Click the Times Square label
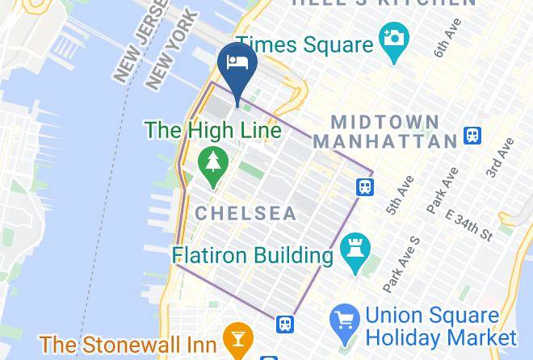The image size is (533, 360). (x=304, y=45)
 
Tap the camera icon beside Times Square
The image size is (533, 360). (x=394, y=40)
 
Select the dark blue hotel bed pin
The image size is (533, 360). (x=237, y=65)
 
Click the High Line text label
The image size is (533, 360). (x=213, y=130)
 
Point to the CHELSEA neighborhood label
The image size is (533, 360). (x=245, y=214)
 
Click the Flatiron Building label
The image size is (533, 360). (x=253, y=256)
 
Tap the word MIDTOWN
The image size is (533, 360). (x=386, y=123)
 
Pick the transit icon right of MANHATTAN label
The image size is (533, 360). (x=472, y=136)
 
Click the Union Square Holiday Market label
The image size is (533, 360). (x=441, y=325)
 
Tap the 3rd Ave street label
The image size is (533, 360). (x=501, y=158)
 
